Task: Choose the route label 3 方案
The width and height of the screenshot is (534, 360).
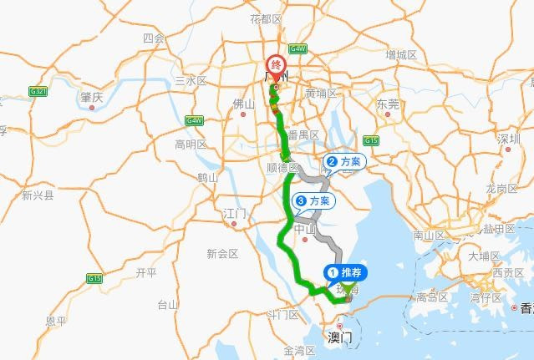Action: click(313, 200)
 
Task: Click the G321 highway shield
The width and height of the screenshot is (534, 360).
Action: click(38, 91)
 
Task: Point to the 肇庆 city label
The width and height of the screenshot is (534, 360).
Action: click(91, 97)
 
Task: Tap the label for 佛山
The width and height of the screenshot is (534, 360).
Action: click(242, 104)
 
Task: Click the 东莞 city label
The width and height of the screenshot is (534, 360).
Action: click(388, 104)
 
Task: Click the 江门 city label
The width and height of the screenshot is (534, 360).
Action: click(234, 215)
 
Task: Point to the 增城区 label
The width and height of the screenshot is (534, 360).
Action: click(401, 54)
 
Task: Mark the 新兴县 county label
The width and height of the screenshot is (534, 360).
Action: click(38, 196)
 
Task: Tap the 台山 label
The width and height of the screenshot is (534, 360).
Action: click(168, 304)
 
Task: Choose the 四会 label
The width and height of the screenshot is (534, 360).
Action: click(153, 38)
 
